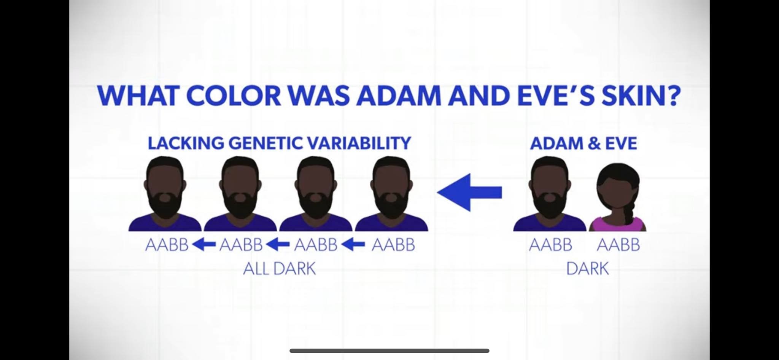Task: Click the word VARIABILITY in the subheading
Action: pyautogui.click(x=359, y=143)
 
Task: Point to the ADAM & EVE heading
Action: pyautogui.click(x=583, y=143)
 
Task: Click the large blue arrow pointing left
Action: pyautogui.click(x=469, y=193)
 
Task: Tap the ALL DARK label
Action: pyautogui.click(x=280, y=269)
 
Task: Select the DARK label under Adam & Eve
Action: pyautogui.click(x=587, y=269)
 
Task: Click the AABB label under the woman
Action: pyautogui.click(x=618, y=245)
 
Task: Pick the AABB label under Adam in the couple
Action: pyautogui.click(x=550, y=245)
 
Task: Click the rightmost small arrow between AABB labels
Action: pyautogui.click(x=354, y=245)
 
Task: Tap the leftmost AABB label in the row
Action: pyautogui.click(x=167, y=245)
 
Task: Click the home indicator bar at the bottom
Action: pyautogui.click(x=389, y=350)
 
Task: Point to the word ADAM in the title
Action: pyautogui.click(x=399, y=96)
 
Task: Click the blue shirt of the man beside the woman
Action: pyautogui.click(x=550, y=224)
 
